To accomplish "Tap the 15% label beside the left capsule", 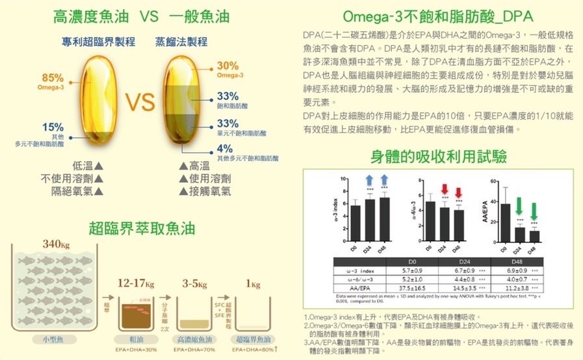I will click(x=53, y=127).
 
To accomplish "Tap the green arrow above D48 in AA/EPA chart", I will click(x=534, y=209).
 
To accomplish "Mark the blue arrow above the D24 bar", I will click(x=369, y=181).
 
